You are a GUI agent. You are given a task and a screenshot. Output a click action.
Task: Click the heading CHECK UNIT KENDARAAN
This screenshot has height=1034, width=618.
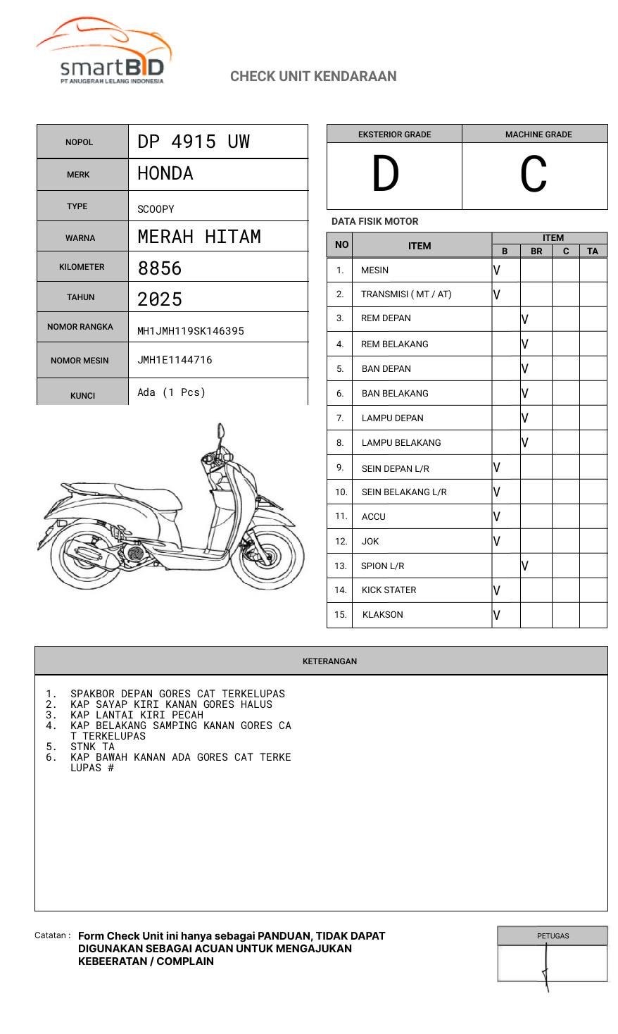pos(313,76)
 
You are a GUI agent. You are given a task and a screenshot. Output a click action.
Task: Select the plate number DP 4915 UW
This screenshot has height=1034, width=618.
pos(194,142)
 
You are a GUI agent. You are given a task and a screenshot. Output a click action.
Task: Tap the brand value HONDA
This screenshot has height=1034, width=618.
pos(165,173)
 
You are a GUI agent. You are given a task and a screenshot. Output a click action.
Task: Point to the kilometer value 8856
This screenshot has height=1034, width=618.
pos(160,268)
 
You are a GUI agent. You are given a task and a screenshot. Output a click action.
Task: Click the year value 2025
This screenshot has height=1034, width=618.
pos(160,299)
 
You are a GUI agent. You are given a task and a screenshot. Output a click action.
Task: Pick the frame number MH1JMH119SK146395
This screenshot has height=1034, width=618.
pos(191,331)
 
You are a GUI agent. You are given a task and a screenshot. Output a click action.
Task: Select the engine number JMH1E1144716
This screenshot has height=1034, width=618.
pos(175,360)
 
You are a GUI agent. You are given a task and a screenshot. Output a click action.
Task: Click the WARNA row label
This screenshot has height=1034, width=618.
pos(80,238)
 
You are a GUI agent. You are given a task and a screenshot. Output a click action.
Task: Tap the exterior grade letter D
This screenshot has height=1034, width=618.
pos(386,174)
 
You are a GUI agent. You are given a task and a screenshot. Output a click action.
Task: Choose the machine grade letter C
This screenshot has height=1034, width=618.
pos(534,175)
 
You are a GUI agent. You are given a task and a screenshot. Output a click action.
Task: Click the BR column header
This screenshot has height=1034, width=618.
pos(536,251)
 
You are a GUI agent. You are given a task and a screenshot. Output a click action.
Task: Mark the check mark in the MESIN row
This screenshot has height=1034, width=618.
pos(497,270)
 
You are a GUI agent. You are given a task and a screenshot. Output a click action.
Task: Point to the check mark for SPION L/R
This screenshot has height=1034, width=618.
pos(525,566)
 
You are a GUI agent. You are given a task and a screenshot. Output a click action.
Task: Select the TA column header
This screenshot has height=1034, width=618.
pos(593,251)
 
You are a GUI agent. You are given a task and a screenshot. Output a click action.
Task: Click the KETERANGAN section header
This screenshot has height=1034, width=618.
pos(329,661)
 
